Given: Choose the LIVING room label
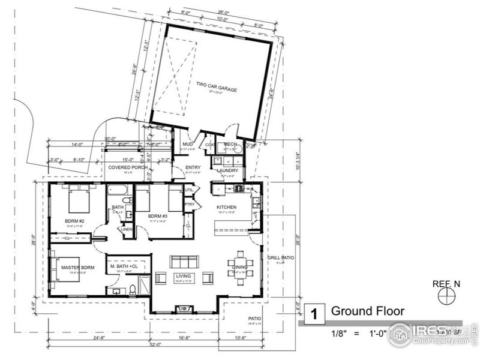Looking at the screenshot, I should (182, 276).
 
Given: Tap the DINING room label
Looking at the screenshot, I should (240, 267).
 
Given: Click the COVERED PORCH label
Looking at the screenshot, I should (128, 167).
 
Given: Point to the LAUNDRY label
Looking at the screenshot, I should (227, 170).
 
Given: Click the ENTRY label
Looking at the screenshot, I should (193, 167).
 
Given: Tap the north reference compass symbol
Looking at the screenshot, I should (446, 295).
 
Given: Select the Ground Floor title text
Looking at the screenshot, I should (367, 311).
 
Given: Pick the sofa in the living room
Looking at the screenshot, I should (183, 262).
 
